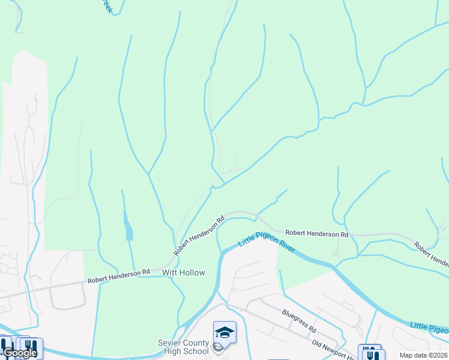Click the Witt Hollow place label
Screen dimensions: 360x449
[184, 272]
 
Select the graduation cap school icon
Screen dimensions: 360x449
[224, 332]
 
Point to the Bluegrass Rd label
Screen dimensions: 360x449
[299, 322]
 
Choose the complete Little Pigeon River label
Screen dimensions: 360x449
[267, 242]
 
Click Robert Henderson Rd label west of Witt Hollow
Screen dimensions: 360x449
[118, 277]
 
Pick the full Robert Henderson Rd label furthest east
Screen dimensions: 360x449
[316, 233]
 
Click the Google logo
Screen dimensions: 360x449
[19, 353]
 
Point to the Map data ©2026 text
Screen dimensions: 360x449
[423, 355]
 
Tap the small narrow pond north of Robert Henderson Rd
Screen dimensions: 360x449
[128, 226]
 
